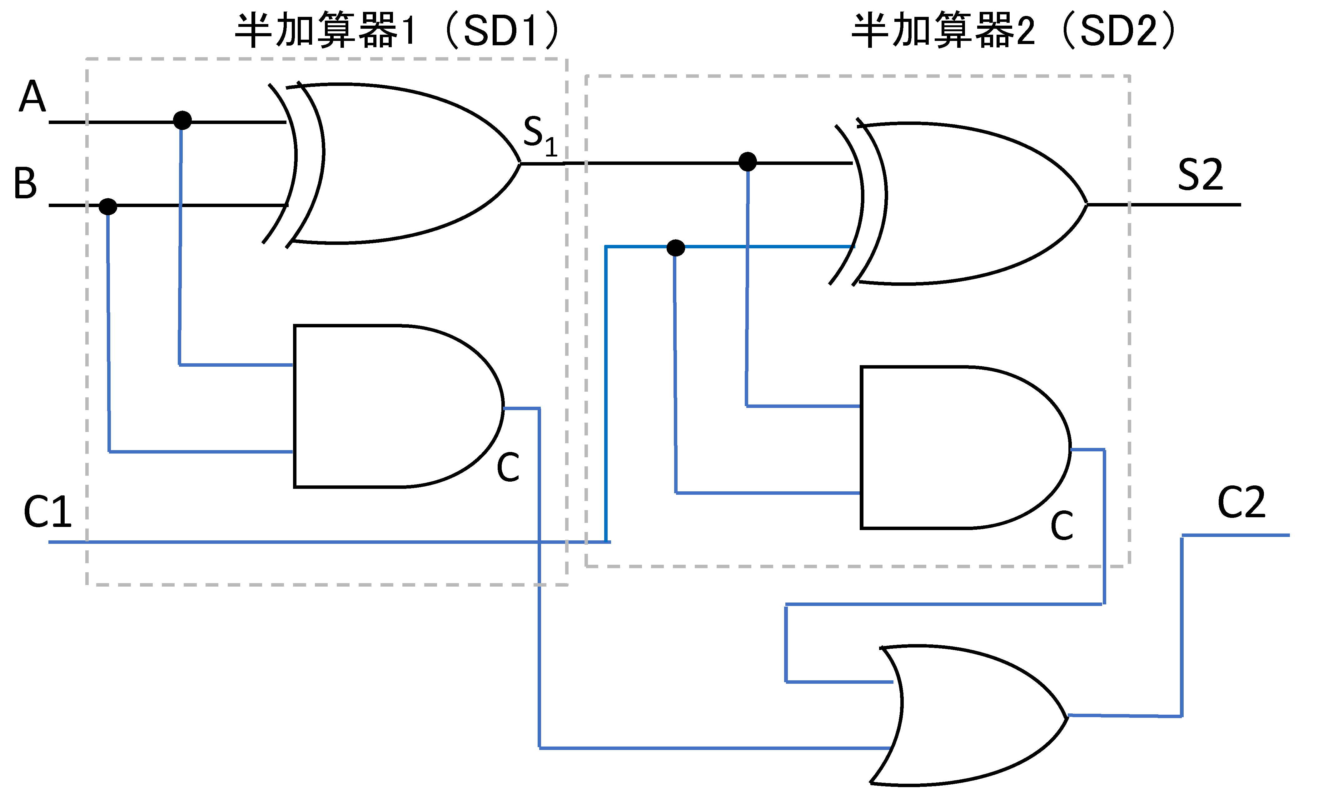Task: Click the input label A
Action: coord(32,97)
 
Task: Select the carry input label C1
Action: coord(47,512)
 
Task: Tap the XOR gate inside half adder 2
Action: coord(967,203)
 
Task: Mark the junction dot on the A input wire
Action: coord(182,120)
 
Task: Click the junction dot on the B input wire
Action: coord(108,206)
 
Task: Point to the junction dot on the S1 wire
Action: coord(747,161)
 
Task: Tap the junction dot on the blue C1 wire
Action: coord(675,248)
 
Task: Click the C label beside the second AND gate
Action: coord(1062,526)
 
